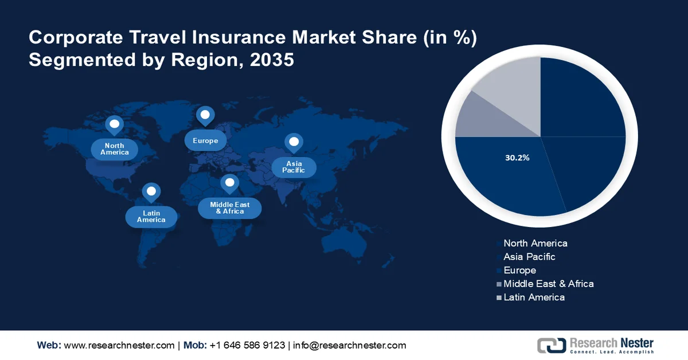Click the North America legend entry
[535, 243]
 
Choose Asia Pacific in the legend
[529, 257]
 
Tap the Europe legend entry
[519, 270]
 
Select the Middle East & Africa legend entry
[548, 284]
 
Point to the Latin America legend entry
[534, 297]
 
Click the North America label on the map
[115, 149]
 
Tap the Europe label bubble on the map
[205, 140]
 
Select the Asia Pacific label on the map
[294, 167]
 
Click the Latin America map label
[151, 216]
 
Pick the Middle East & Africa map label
[230, 208]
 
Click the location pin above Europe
[205, 116]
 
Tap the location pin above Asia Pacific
[294, 142]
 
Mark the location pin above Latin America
[151, 191]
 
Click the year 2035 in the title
[272, 60]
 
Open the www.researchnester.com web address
[119, 345]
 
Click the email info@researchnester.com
[350, 345]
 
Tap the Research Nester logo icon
[551, 345]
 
